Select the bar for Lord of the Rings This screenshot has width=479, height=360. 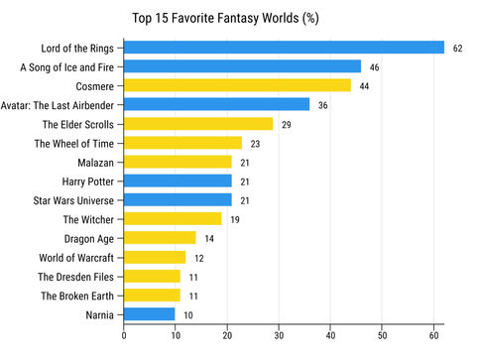coord(284,48)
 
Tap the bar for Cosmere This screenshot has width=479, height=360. coord(237,85)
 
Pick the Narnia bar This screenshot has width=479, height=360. coord(150,314)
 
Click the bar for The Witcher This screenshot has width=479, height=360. coord(173,219)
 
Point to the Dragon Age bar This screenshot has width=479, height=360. coord(160,238)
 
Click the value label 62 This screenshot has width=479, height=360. coord(458,48)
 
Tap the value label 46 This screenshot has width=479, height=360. coord(375,66)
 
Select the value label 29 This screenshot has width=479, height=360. coord(287,124)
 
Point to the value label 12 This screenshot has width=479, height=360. coord(198,258)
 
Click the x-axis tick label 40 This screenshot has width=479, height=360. coord(330,335)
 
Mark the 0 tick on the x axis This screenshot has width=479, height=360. coord(124,335)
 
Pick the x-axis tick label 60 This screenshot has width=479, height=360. coord(433,335)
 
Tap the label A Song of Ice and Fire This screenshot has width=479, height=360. coord(67,66)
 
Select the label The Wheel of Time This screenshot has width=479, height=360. coord(75,143)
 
